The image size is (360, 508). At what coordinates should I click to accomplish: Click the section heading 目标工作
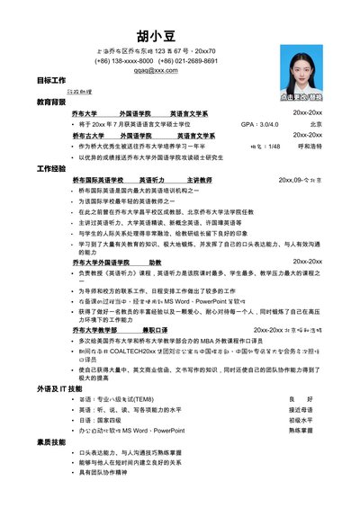coord(50,81)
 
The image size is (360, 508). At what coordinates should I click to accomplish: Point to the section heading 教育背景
coord(50,102)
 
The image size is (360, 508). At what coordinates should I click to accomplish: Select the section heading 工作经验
coord(50,168)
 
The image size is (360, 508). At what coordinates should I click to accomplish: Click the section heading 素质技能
coord(50,442)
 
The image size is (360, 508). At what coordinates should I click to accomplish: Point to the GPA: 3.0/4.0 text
coord(259,124)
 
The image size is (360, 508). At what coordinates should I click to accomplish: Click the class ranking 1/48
coord(274,146)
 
